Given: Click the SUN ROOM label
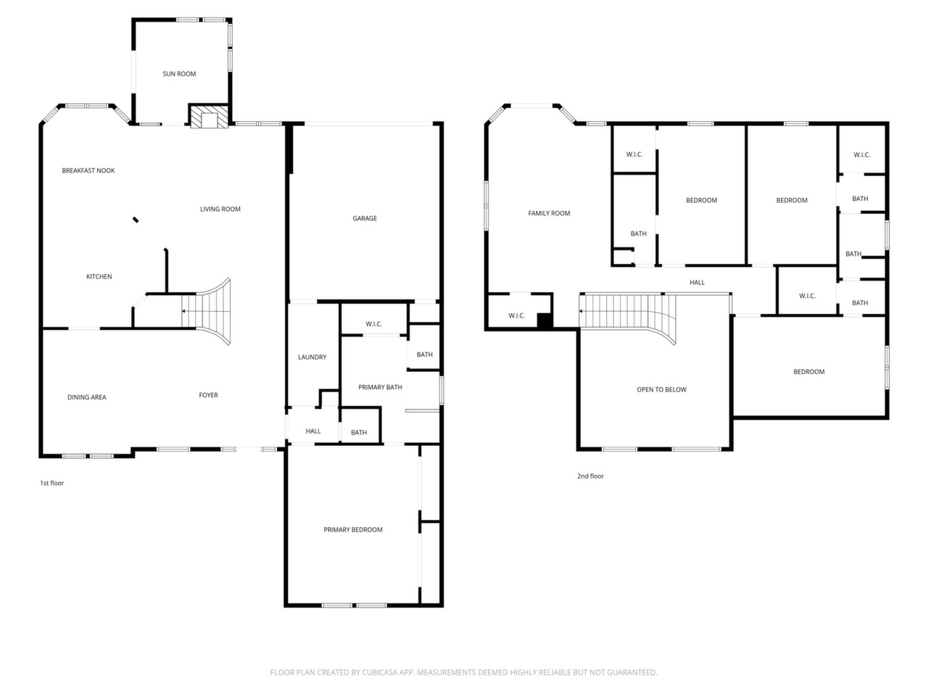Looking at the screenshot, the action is click(x=179, y=74).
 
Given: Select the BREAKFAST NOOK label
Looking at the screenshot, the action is click(x=88, y=170).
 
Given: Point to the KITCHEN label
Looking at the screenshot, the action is click(x=99, y=277).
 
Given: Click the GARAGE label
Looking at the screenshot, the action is click(x=365, y=218).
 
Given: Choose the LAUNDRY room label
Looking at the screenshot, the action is click(x=312, y=357).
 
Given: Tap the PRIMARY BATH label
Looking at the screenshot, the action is click(x=380, y=387).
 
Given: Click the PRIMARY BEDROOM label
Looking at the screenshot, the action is click(x=353, y=530).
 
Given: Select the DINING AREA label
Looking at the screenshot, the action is click(x=87, y=397).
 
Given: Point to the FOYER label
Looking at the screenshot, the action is click(x=208, y=395).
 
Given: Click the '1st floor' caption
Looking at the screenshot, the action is click(x=52, y=483).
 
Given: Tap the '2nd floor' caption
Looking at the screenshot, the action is click(x=591, y=476).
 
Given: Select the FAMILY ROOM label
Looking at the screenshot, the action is click(x=550, y=213).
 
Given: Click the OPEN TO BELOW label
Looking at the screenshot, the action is click(x=662, y=389).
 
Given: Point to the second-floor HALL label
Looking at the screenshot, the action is click(x=697, y=282).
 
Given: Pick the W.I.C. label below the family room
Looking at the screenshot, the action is click(x=517, y=315).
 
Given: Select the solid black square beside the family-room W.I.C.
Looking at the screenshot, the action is click(x=545, y=320).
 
